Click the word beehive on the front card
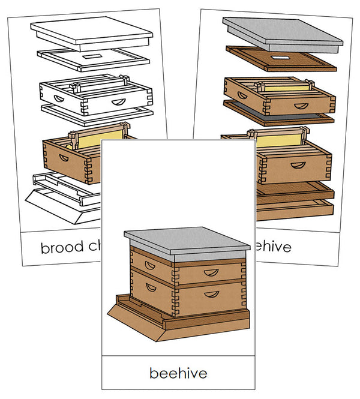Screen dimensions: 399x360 pos(178,373)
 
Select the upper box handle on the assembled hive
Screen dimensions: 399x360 pos(211,272)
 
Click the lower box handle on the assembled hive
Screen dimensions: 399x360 pos(211,294)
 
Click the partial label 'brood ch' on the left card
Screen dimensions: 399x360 pos(70,247)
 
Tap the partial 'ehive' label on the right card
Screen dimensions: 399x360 pos(272,247)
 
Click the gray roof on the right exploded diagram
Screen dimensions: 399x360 pos(282,33)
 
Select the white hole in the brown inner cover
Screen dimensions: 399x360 pos(280,58)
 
